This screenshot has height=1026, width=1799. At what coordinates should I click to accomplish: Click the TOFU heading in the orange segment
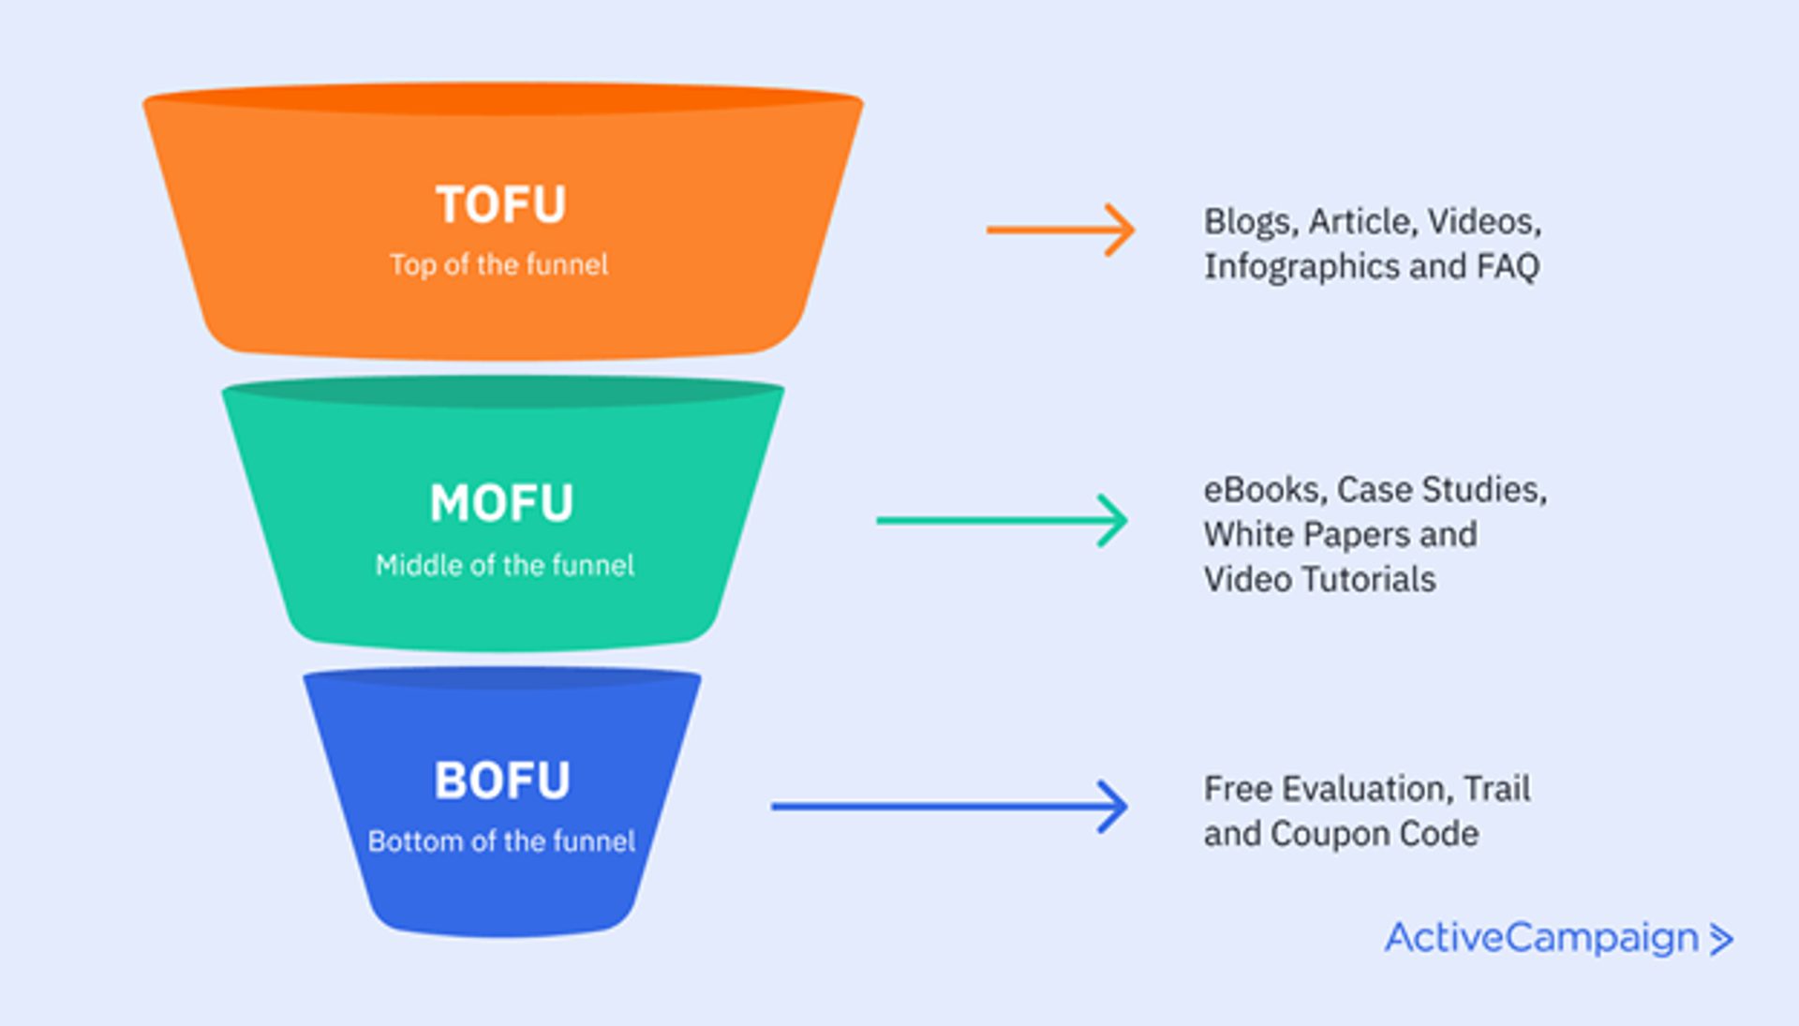pyautogui.click(x=501, y=204)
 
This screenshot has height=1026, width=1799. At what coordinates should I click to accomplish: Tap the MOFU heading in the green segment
pyautogui.click(x=501, y=503)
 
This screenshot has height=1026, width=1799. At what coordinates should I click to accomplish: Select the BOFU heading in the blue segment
pyautogui.click(x=501, y=781)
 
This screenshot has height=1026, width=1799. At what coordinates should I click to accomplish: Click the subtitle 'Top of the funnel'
pyautogui.click(x=498, y=265)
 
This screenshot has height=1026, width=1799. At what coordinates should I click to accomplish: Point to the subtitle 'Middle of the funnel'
pyautogui.click(x=504, y=565)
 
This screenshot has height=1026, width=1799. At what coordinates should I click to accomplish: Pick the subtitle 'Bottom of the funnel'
pyautogui.click(x=501, y=841)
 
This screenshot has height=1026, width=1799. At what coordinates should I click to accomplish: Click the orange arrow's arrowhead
pyautogui.click(x=1121, y=230)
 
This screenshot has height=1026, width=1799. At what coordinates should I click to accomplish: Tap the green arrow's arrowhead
pyautogui.click(x=1113, y=520)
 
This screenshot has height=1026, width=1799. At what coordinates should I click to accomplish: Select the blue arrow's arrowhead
pyautogui.click(x=1113, y=807)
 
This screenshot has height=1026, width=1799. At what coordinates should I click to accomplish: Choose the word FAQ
pyautogui.click(x=1508, y=267)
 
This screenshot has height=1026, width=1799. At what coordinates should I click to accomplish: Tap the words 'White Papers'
pyautogui.click(x=1306, y=535)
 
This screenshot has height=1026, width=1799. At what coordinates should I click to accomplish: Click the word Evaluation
pyautogui.click(x=1367, y=789)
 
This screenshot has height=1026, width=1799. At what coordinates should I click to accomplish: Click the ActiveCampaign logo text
pyautogui.click(x=1541, y=938)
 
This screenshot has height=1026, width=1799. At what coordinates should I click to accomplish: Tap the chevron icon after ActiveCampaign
pyautogui.click(x=1721, y=940)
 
